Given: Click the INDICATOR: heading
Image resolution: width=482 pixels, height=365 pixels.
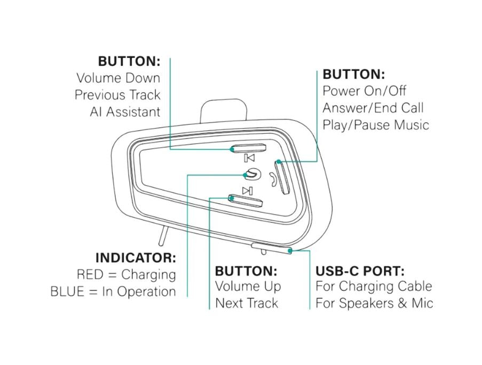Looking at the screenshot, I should pos(136,258).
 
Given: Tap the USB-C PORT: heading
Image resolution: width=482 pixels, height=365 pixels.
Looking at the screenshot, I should pos(360,270).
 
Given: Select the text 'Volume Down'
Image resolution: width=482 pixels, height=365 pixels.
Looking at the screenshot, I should pos(118,78).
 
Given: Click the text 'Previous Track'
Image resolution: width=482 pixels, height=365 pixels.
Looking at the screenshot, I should pos(117,95).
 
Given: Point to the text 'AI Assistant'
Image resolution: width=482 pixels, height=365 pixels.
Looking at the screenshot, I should pos(125,112).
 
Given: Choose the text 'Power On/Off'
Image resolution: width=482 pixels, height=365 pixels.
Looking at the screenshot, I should pos(364,91).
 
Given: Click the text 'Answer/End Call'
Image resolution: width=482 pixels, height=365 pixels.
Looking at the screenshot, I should pos(373,108).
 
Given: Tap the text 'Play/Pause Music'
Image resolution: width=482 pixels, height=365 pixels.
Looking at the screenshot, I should pos(375,125).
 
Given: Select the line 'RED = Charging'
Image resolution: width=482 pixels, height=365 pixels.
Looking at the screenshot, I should pos(127,275).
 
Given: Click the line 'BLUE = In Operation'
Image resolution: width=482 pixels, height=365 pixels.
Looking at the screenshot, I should pos(113,292).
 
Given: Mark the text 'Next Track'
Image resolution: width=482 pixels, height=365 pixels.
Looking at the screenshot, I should pos(247,303).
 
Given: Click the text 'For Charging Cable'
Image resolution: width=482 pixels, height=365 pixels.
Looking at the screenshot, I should pos(373,286).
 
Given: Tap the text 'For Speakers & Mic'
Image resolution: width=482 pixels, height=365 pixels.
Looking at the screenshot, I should pos(374,303).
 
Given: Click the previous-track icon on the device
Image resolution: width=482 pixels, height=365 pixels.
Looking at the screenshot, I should pos(249,158).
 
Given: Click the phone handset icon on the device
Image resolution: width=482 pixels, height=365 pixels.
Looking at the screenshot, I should pos(273,179).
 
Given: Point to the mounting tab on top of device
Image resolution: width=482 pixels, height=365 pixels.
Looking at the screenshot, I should pos(224,113).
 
